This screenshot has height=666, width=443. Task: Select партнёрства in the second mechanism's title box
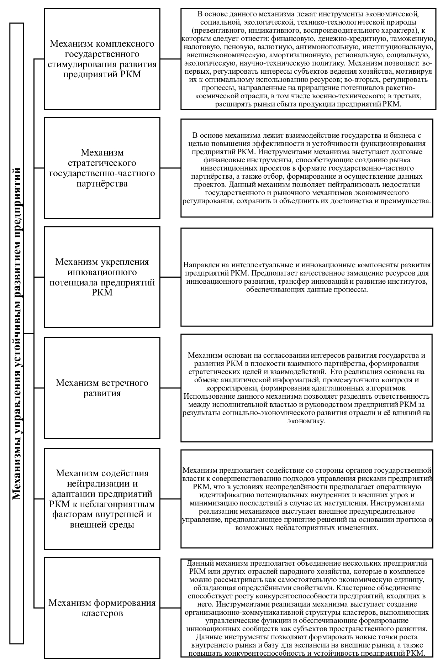102,184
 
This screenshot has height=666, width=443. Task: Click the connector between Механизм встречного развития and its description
170,388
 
